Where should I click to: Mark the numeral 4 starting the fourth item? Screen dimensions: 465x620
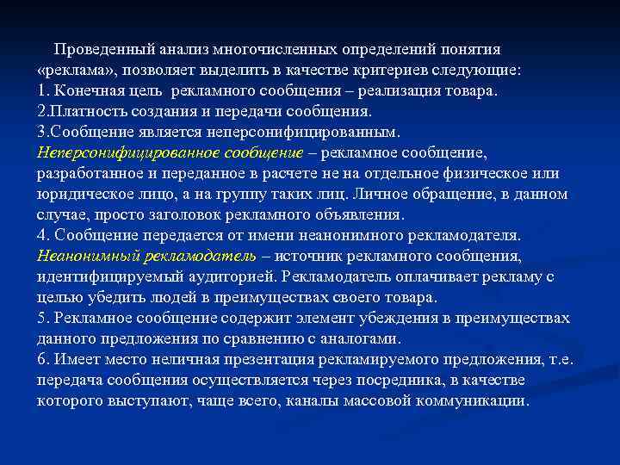42,235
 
